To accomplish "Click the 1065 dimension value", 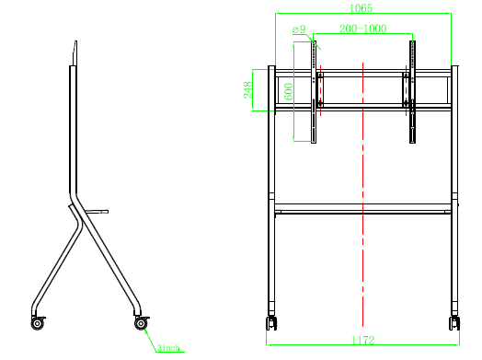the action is pyautogui.click(x=361, y=7).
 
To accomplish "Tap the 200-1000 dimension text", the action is pyautogui.click(x=362, y=29).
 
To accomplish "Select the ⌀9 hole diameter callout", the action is pyautogui.click(x=299, y=29).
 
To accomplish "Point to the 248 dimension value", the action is pyautogui.click(x=247, y=90).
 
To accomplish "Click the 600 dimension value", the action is pyautogui.click(x=288, y=92).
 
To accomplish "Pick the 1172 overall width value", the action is pyautogui.click(x=362, y=340).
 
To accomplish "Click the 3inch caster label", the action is pyautogui.click(x=168, y=348).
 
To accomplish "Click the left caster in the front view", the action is pyautogui.click(x=271, y=323).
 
